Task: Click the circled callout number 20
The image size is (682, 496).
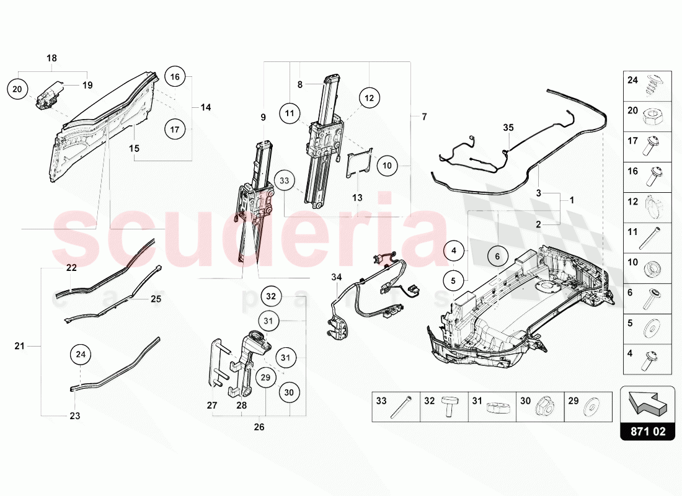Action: click(x=17, y=89)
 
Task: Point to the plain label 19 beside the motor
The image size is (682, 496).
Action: click(x=87, y=85)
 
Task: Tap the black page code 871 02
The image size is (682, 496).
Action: click(x=648, y=431)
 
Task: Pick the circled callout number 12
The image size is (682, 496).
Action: click(x=370, y=98)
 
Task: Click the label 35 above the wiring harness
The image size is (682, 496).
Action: click(x=508, y=128)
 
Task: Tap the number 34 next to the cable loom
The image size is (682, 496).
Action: click(x=337, y=277)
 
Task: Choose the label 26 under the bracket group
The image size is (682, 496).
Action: click(x=259, y=427)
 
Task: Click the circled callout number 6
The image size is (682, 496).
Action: click(x=497, y=256)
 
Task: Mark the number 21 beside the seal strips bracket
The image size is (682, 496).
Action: click(x=19, y=346)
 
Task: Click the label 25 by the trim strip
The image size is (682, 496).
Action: click(x=156, y=299)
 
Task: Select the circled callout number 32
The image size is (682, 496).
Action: click(x=270, y=296)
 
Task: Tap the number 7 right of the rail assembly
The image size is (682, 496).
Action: click(x=424, y=116)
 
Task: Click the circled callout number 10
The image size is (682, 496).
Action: click(x=387, y=166)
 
